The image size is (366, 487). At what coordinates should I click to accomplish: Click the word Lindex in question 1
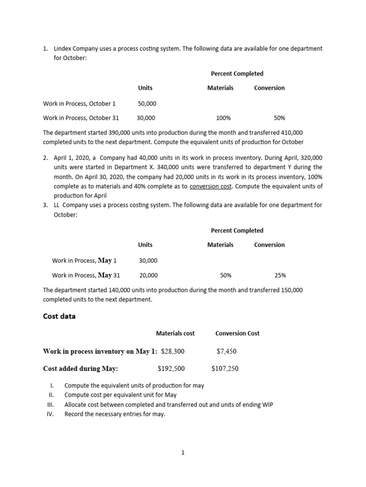click(64, 49)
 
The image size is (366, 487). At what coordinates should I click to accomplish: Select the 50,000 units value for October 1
click(147, 103)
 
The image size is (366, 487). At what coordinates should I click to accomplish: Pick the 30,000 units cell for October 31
click(146, 118)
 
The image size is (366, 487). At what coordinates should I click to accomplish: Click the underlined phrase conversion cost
click(210, 186)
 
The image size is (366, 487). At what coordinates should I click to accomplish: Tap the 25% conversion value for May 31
click(280, 275)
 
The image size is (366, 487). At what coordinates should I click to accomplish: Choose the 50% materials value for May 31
click(226, 275)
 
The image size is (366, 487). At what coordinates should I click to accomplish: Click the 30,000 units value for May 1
click(148, 261)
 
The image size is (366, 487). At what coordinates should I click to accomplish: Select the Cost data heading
click(59, 316)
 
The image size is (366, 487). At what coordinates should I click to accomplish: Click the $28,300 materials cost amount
click(173, 351)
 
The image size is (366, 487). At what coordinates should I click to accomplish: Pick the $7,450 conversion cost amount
click(226, 351)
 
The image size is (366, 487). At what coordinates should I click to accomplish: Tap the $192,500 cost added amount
click(171, 368)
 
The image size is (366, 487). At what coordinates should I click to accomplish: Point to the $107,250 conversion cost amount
click(225, 368)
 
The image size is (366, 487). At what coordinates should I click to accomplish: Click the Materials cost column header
click(175, 333)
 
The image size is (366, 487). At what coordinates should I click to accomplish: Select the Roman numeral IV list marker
click(51, 414)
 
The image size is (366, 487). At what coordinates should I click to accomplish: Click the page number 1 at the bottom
click(183, 453)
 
